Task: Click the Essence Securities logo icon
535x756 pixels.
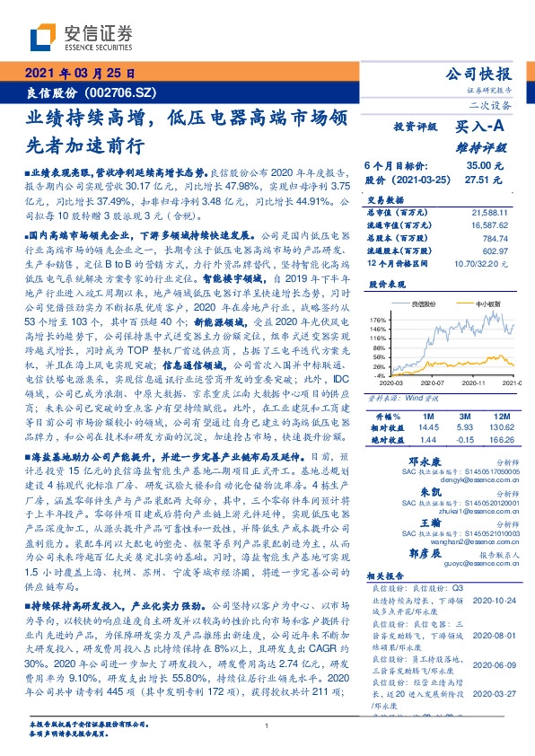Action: click(45, 39)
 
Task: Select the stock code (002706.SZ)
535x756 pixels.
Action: click(123, 93)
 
